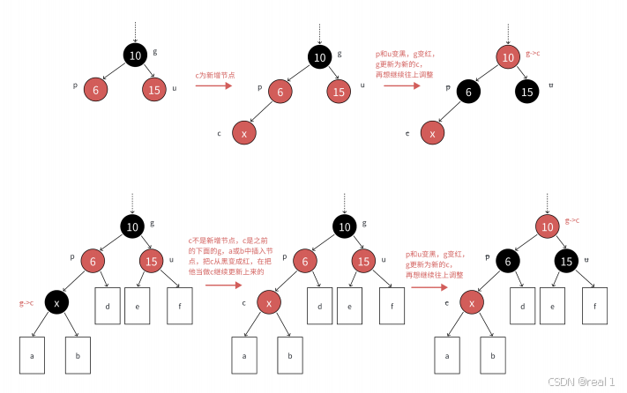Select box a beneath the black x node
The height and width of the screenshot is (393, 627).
(33, 356)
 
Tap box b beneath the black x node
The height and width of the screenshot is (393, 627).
(78, 356)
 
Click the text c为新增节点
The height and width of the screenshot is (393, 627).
(214, 77)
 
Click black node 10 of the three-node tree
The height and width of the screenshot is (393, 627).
(135, 57)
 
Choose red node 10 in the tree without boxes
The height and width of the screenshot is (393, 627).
(507, 58)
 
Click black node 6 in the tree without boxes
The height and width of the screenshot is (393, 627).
(469, 91)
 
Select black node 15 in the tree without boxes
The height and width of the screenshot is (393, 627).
(527, 91)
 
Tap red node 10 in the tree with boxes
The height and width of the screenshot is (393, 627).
(547, 227)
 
